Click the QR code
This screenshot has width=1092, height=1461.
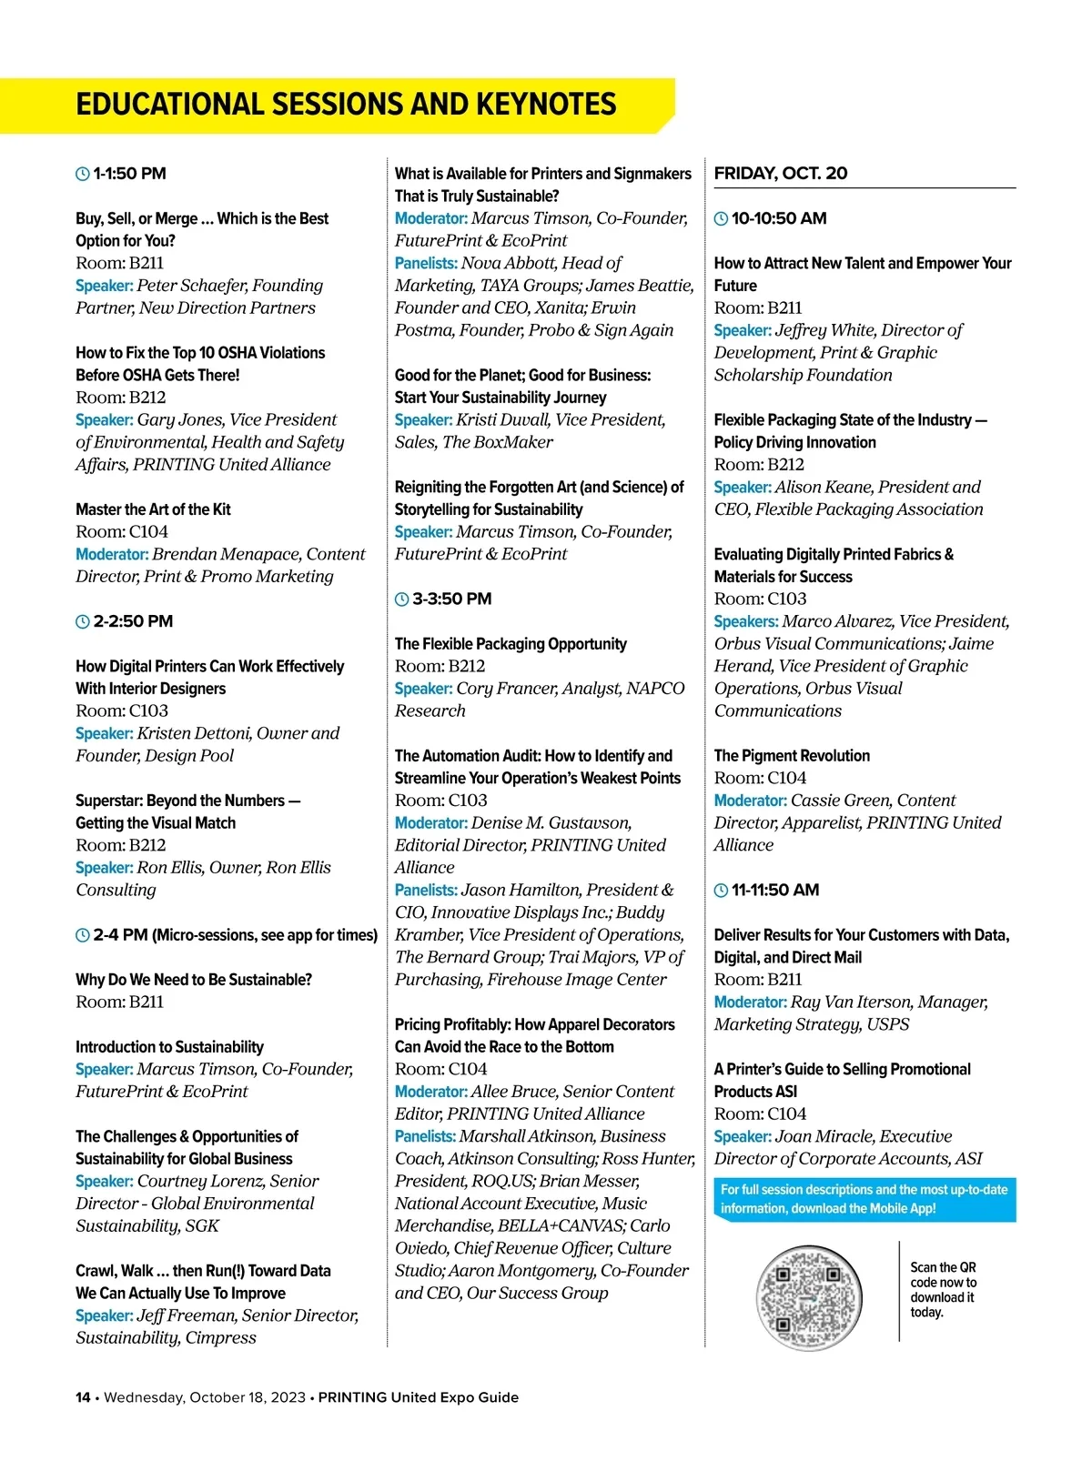pos(808,1297)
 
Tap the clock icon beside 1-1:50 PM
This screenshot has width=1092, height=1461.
pos(82,174)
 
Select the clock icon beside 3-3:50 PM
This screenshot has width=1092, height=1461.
pos(401,600)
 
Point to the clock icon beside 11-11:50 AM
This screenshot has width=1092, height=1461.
pos(721,891)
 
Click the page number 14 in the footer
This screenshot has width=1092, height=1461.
pos(83,1397)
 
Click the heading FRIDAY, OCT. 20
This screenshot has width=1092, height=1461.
pos(780,174)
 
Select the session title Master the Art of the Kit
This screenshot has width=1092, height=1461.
pos(153,509)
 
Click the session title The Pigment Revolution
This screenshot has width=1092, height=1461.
pos(792,756)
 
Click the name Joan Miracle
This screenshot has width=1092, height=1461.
pos(817,1136)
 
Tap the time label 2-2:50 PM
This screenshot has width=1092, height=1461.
pos(133,621)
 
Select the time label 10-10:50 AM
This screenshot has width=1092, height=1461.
pos(779,218)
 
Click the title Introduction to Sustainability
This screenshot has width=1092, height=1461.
pos(169,1047)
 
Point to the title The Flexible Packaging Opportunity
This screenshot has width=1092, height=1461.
pos(511,644)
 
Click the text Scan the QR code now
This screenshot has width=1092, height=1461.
pos(943,1275)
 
